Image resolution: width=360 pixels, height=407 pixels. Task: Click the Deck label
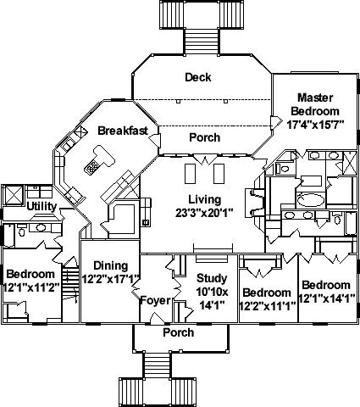(x=198, y=77)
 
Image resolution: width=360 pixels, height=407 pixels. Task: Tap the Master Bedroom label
(x=315, y=104)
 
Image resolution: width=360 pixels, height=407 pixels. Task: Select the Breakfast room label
(x=123, y=131)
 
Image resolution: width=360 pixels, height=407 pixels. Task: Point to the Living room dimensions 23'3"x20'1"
(x=204, y=213)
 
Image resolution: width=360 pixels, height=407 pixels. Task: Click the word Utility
(x=42, y=207)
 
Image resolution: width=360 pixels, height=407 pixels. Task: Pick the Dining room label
(x=111, y=265)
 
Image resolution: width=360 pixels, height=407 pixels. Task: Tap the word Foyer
(x=156, y=300)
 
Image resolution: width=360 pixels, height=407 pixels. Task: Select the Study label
(x=212, y=278)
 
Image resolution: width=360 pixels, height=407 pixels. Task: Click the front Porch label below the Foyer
(x=179, y=332)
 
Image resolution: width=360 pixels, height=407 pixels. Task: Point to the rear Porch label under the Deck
(x=205, y=137)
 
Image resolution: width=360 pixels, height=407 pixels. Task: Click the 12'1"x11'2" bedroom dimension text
(x=31, y=287)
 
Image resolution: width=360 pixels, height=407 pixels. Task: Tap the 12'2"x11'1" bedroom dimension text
(x=268, y=305)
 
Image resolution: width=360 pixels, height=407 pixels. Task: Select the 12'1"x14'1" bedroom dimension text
(x=327, y=298)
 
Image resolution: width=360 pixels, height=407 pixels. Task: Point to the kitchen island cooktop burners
(x=91, y=167)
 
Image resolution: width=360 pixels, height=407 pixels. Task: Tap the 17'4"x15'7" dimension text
(x=315, y=125)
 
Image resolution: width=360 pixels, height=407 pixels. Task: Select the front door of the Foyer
(x=157, y=319)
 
